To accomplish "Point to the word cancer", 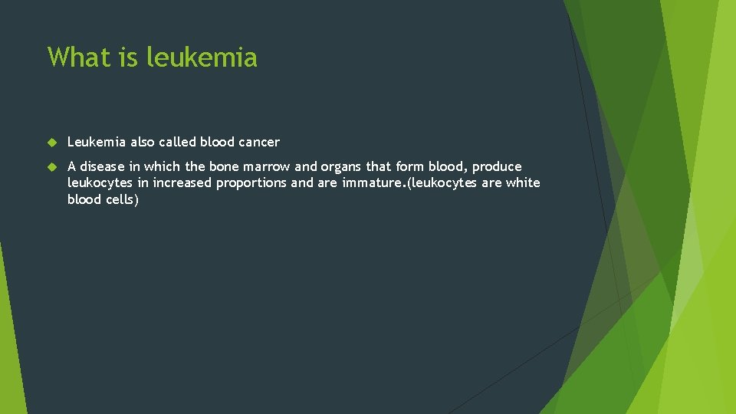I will coord(259,143).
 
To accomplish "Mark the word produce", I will coord(497,167).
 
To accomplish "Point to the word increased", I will coord(182,183).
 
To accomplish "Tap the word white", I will coord(523,182).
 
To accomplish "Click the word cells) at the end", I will coord(121,199).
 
